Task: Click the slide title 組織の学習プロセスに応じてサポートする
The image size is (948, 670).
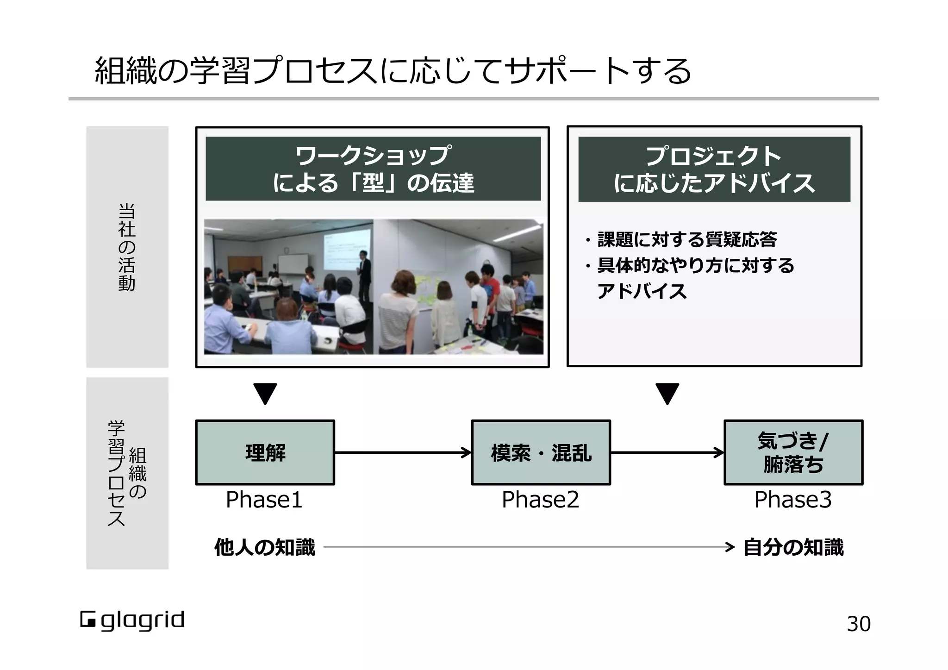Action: tap(393, 71)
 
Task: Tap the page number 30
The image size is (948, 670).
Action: tap(859, 624)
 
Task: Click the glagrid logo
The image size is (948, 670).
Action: tap(132, 620)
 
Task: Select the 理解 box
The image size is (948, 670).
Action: tap(265, 452)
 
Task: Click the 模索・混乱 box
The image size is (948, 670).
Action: tap(541, 452)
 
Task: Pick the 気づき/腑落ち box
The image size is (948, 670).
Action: tap(793, 452)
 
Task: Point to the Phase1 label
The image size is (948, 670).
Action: tap(264, 500)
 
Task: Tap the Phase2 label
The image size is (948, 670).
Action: tap(540, 500)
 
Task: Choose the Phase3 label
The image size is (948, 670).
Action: tap(793, 500)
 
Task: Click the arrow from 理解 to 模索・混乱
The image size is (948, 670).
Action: tap(403, 452)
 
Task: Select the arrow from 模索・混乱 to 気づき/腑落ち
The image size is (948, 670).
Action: tap(667, 452)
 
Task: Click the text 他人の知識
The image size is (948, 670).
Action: tap(264, 547)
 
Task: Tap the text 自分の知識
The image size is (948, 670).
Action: tap(793, 547)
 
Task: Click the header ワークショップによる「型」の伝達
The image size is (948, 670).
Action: tap(373, 169)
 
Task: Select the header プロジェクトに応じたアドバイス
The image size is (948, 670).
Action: tap(714, 169)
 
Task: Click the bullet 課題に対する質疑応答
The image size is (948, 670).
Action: tap(687, 239)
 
